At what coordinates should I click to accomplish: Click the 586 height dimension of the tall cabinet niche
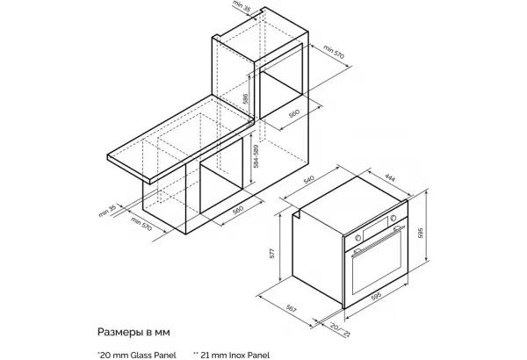coord(245,97)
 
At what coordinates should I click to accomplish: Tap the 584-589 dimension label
coord(256,156)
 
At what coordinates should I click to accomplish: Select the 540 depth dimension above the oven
coord(309,179)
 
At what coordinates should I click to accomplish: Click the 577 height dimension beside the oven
coord(272,253)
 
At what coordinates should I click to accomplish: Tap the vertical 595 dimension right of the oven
coord(420,233)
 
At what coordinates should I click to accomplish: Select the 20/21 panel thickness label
coord(340,329)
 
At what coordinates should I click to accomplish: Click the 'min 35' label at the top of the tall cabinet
coord(242,6)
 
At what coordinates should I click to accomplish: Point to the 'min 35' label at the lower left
coord(107,211)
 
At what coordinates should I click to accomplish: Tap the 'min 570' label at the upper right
coord(334,52)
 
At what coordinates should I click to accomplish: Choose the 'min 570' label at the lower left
coord(141,224)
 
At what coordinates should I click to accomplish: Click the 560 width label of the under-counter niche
coord(237,210)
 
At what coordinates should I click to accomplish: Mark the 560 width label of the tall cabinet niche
coord(293,113)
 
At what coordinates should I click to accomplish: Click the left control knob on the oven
coord(358,238)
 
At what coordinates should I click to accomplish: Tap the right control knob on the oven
coord(393,219)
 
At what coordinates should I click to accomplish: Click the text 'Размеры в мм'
coord(134,332)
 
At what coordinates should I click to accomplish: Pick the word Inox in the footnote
coord(236,355)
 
